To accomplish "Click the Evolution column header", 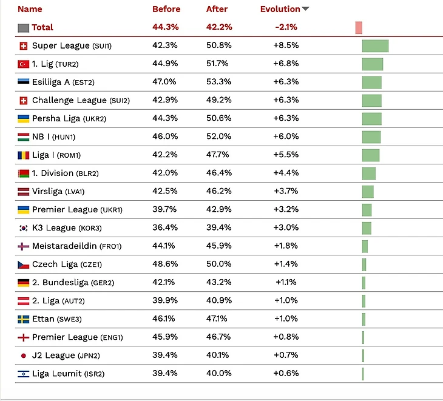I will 280,9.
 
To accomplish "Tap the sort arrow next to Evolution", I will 305,9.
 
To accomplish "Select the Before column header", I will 166,9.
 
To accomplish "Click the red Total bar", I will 359,27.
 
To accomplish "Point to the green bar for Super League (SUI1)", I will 375,46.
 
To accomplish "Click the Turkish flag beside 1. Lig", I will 24,64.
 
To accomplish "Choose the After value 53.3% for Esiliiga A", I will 218,82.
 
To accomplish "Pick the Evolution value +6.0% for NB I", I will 286,136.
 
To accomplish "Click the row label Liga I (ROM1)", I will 56,155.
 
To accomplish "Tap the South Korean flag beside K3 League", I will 24,228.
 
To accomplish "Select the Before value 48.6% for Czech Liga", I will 164,264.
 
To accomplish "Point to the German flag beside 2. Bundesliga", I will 24,283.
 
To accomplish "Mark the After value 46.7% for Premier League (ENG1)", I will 218,337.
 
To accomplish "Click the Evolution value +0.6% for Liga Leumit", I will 286,373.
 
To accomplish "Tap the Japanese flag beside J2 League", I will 24,356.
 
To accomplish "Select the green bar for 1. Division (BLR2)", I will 369,174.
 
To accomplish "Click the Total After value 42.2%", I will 218,27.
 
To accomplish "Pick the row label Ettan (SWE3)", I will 60,319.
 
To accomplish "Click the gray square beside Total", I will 24,27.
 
